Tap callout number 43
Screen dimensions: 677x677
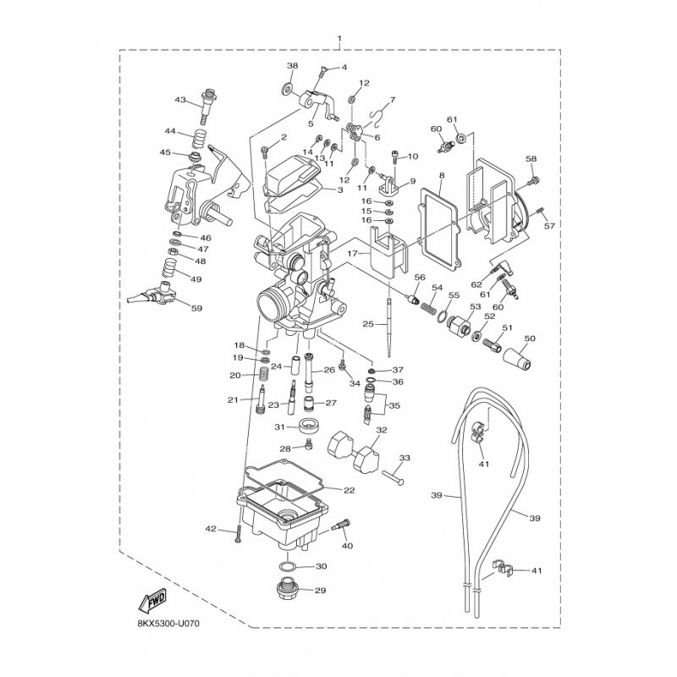180,100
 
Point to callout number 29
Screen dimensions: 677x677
320,590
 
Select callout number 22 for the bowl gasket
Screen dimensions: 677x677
349,490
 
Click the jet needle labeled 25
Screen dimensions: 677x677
389,327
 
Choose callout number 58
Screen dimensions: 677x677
531,159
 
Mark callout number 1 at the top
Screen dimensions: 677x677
339,38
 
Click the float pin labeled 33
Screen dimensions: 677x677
393,477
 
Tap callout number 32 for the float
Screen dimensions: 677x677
382,430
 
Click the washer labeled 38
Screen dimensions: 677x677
285,91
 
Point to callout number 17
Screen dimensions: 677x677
353,253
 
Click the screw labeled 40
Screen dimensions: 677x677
341,526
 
